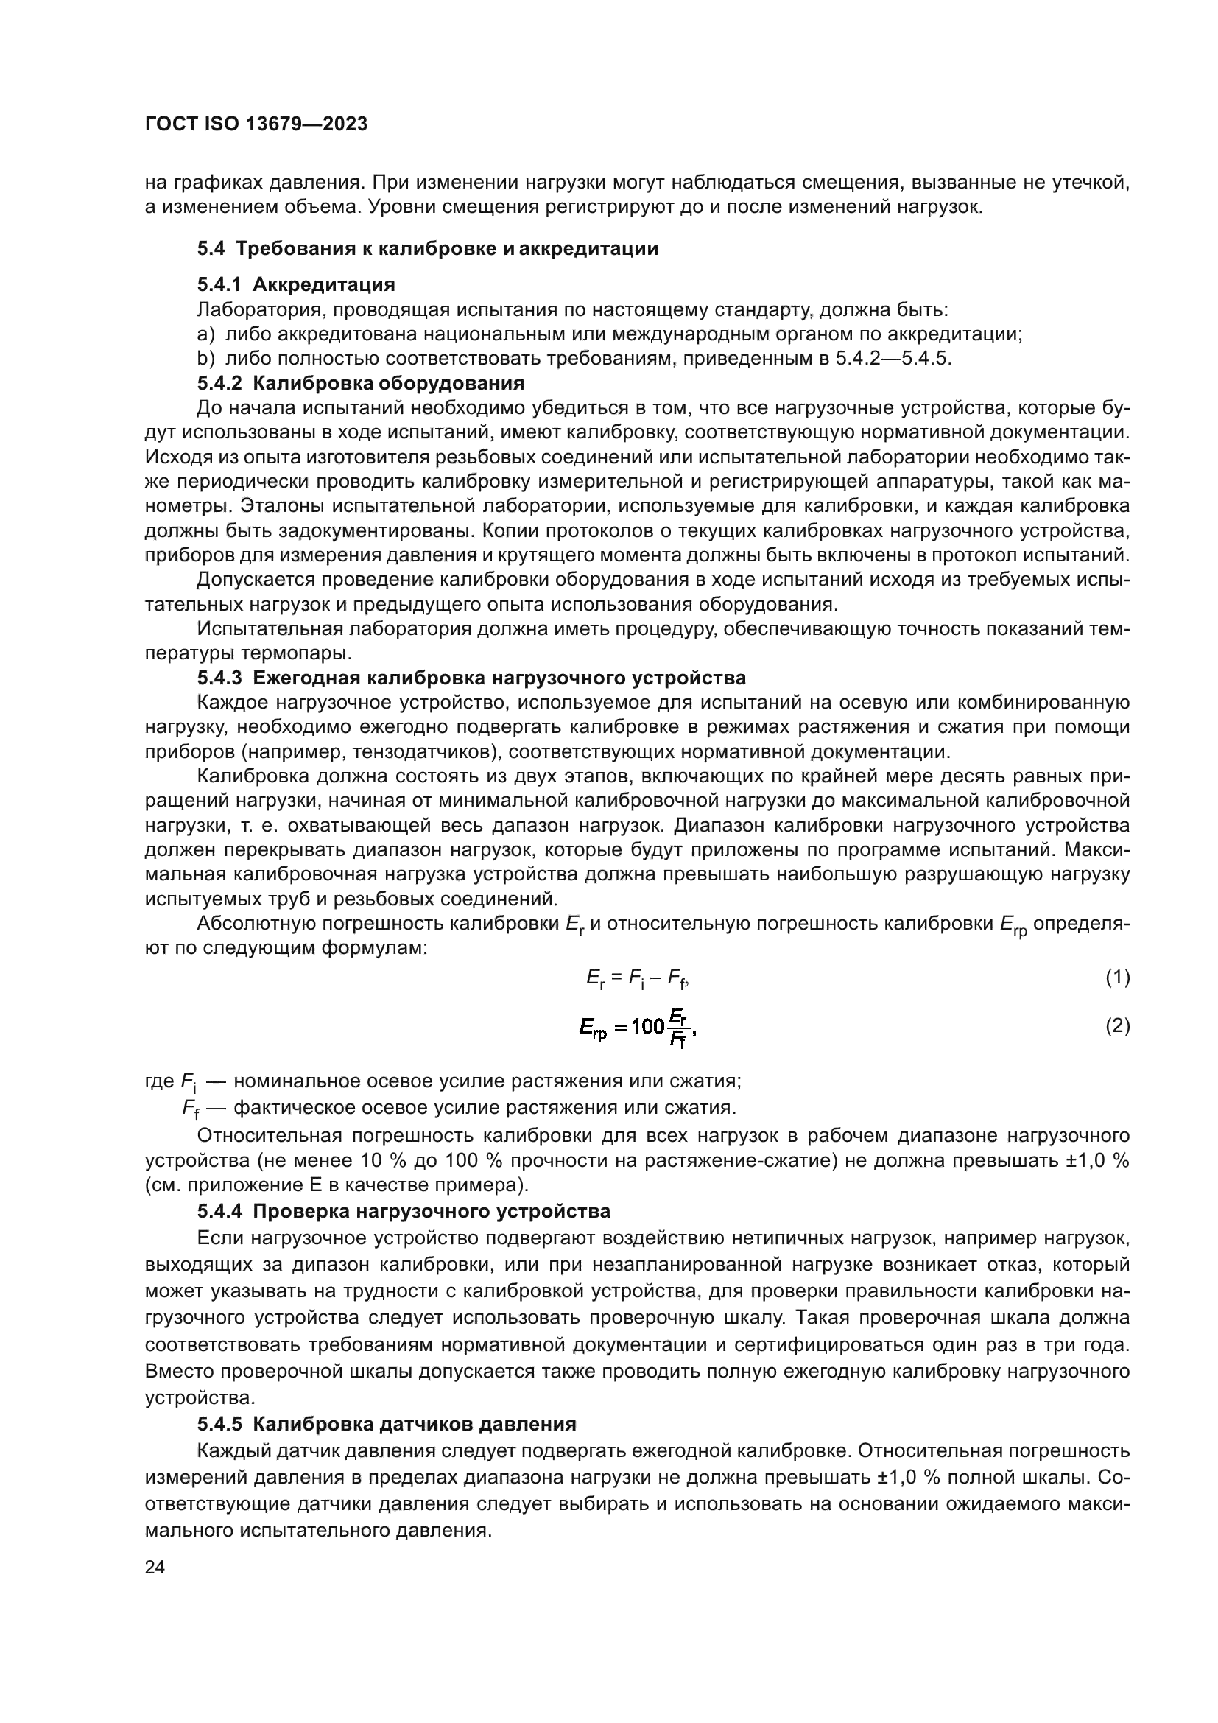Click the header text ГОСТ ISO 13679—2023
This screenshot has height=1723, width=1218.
point(256,124)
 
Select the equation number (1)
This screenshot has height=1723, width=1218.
point(1117,977)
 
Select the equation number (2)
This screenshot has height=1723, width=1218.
point(1117,1026)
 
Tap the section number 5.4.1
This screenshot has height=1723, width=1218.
point(220,284)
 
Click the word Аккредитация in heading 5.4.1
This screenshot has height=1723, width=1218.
point(323,284)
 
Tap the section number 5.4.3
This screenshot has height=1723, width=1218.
point(220,678)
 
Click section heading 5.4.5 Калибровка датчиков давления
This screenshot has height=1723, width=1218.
point(387,1425)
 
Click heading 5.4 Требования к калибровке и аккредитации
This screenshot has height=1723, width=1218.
point(428,248)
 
